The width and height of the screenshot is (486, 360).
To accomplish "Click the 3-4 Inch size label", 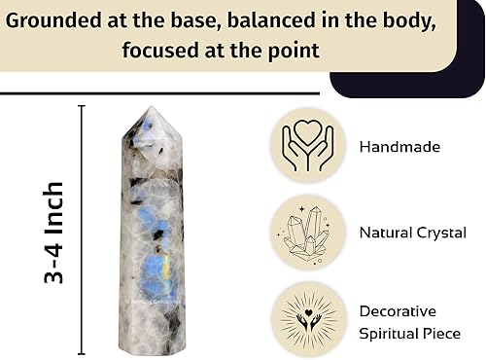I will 54,232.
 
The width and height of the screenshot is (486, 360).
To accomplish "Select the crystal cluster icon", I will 307,233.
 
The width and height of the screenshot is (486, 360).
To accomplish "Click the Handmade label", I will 399,148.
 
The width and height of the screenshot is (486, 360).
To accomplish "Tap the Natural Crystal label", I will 412,233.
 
